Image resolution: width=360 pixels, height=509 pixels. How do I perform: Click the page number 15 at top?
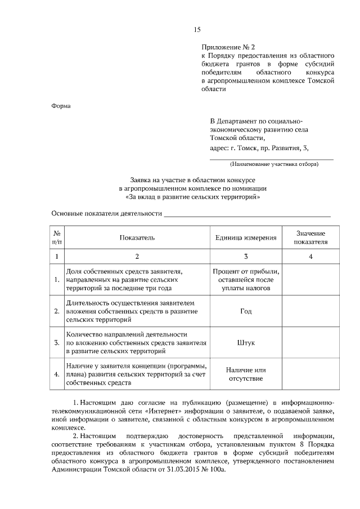click(197, 29)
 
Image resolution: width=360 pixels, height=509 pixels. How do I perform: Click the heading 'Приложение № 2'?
click(224, 48)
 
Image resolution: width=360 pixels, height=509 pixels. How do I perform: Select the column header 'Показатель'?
click(137, 237)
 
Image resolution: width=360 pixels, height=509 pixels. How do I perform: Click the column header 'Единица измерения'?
click(246, 237)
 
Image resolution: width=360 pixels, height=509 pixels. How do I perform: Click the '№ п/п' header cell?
click(57, 237)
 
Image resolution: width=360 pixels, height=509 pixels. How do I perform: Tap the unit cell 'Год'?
click(246, 311)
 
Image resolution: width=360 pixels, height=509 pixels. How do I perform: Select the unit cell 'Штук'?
click(246, 342)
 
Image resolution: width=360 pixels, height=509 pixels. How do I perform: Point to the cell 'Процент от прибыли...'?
click(246, 279)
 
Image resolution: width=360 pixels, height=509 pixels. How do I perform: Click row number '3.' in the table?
click(57, 342)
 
